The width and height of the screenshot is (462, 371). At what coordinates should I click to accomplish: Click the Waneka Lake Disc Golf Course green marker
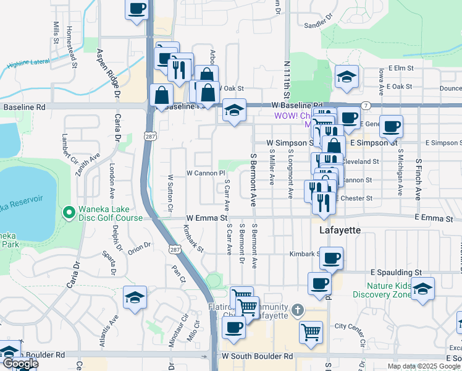[69, 213]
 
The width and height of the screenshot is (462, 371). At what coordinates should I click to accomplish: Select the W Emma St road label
[208, 218]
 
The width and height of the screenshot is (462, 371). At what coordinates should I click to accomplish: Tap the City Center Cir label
[354, 326]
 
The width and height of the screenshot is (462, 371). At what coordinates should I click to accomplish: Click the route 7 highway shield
[366, 106]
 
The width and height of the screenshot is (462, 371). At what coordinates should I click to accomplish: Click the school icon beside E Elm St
[347, 77]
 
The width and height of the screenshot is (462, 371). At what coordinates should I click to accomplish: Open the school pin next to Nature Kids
[422, 289]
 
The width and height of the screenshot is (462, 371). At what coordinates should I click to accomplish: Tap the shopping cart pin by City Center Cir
[311, 331]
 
